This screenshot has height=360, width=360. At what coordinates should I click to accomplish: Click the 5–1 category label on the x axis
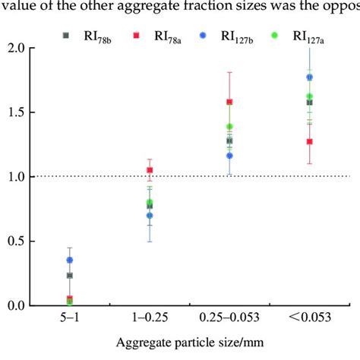[70, 316]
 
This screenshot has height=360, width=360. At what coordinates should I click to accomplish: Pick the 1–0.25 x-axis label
[149, 316]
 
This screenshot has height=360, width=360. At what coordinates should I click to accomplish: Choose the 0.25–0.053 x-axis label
[229, 316]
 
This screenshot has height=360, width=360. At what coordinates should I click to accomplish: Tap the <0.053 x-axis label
[308, 316]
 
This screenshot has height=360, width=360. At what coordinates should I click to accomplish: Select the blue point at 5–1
[70, 260]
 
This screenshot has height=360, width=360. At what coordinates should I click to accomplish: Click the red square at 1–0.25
[150, 170]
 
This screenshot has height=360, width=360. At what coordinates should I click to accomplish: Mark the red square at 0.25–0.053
[229, 102]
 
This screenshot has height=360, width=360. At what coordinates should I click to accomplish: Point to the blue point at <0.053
[309, 77]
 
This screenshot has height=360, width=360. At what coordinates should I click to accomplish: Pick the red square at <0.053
[309, 142]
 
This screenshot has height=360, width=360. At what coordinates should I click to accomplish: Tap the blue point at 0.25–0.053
[229, 156]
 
